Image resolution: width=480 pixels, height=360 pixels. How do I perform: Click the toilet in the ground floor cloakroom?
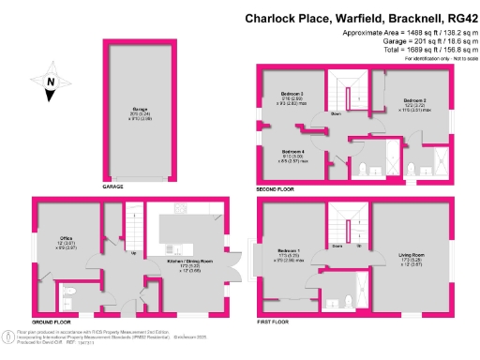[70, 298]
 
